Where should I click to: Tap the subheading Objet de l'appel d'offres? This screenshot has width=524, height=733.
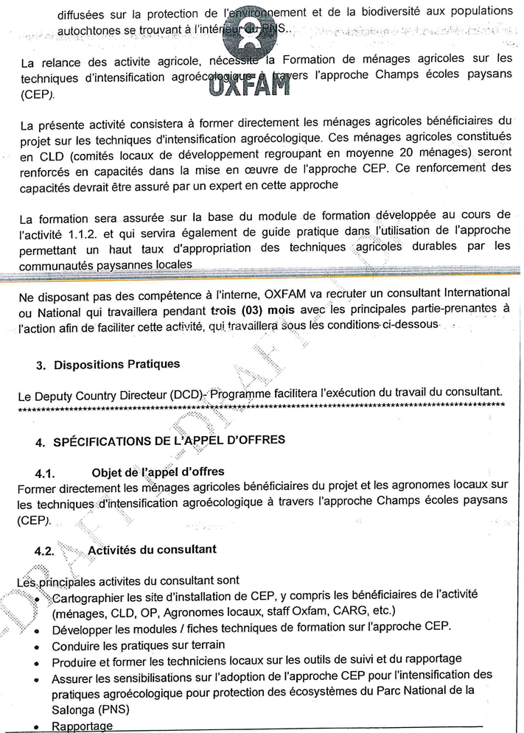point(158,471)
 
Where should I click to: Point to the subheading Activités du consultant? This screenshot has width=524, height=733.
point(152,550)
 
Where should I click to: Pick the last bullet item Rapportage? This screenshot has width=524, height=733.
point(82,726)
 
